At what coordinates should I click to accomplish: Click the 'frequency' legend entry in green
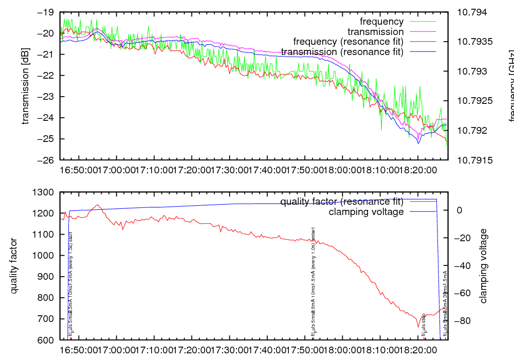382,22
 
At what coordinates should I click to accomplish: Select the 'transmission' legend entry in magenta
383,32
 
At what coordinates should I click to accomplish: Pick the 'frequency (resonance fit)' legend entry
348,42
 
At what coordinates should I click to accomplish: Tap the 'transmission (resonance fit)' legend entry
342,52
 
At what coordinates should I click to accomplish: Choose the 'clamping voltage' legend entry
366,211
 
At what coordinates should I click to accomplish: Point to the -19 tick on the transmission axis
45,12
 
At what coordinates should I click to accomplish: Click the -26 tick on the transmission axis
45,160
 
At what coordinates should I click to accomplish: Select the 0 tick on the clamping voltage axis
459,210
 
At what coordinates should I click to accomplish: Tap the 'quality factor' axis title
14,266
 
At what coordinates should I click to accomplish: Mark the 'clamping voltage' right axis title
483,266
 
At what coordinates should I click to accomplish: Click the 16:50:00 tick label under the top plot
78,169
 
